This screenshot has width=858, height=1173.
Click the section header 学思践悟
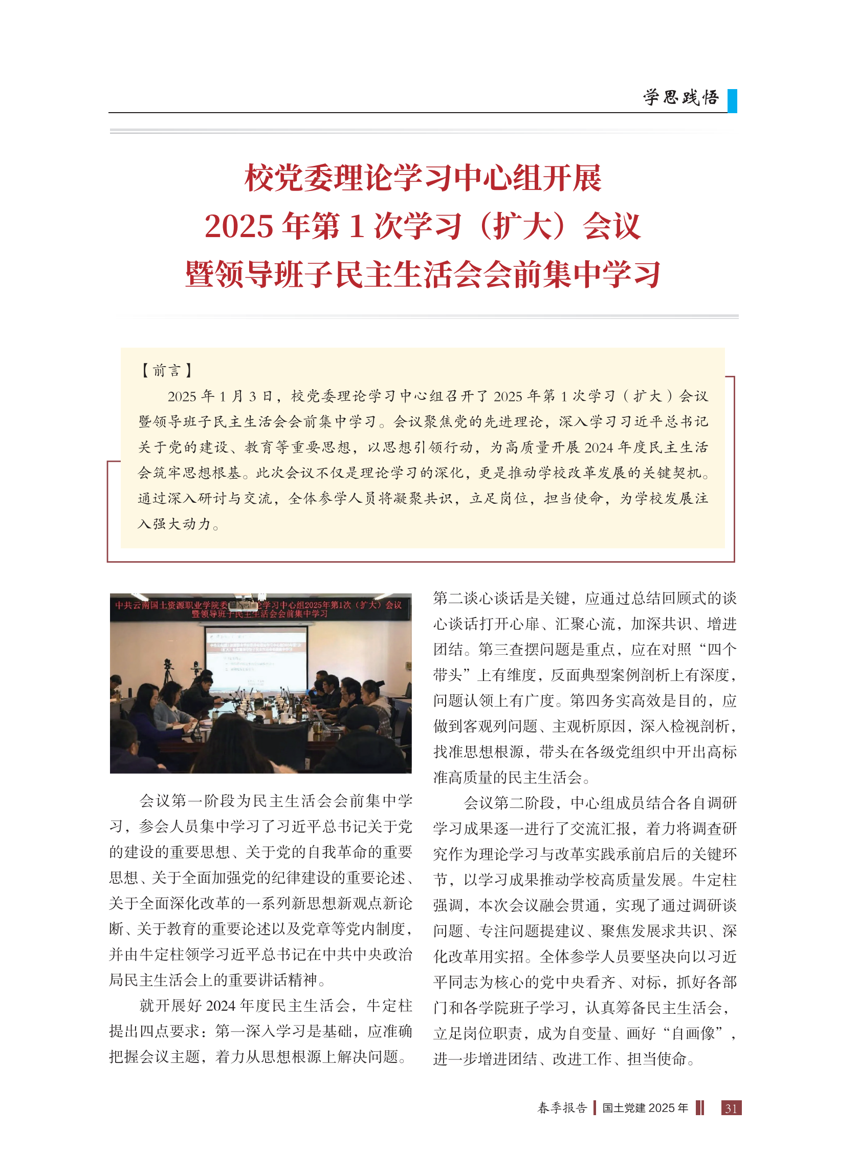pos(681,97)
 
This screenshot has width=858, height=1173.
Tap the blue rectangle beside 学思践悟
pos(732,101)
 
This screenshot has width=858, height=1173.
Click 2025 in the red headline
pos(238,227)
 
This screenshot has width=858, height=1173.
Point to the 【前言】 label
pos(167,371)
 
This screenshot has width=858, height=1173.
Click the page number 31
pos(731,1108)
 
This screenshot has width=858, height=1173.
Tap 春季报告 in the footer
pos(562,1108)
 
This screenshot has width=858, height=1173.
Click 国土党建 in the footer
pos(623,1108)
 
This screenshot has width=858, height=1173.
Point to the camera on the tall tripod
pos(168,666)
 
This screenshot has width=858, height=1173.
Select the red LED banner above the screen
pos(260,609)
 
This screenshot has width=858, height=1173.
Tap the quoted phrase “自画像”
pos(697,1033)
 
